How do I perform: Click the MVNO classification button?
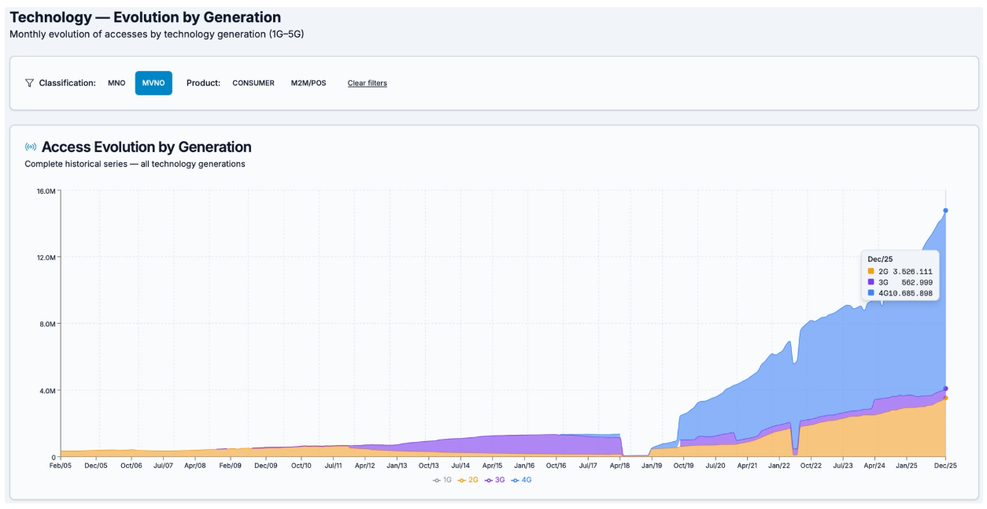[x=153, y=83]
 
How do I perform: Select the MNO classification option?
[x=116, y=83]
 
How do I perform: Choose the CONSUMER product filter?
[x=253, y=83]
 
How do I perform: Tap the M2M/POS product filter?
[x=309, y=83]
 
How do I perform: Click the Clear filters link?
[x=367, y=83]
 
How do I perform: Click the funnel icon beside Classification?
[x=29, y=83]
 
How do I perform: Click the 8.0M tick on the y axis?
[x=47, y=324]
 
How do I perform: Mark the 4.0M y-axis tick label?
[x=47, y=390]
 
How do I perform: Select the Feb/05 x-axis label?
[x=61, y=466]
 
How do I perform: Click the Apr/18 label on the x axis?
[x=621, y=466]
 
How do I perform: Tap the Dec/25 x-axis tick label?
[x=945, y=466]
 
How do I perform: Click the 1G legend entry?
[x=443, y=479]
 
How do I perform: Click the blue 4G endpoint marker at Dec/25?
[x=945, y=210]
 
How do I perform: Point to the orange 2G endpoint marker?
[x=945, y=398]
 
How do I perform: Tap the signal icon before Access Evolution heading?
[x=31, y=147]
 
